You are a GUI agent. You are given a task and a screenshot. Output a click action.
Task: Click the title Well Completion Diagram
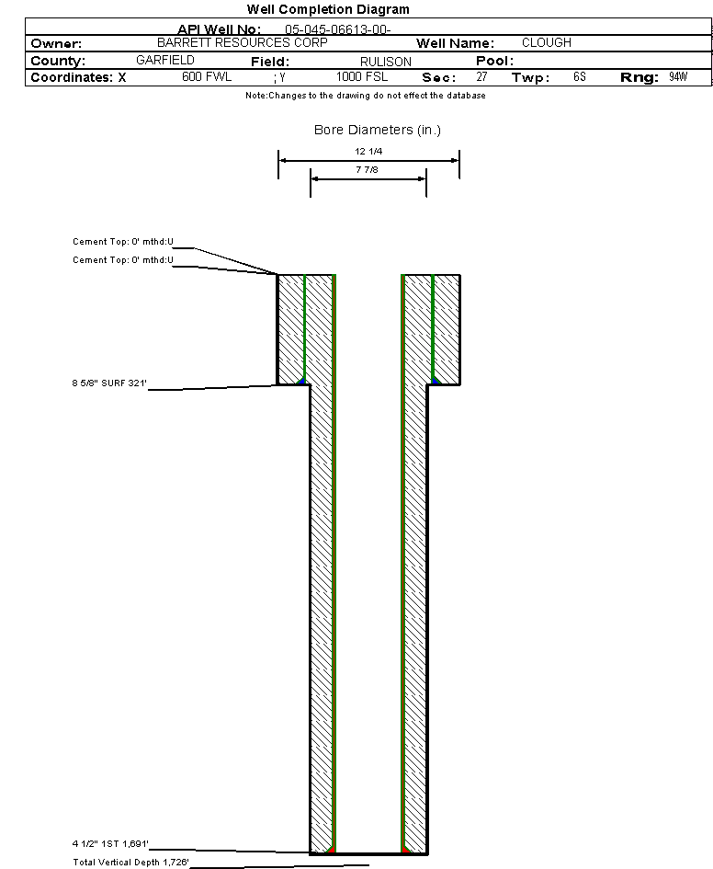coord(328,9)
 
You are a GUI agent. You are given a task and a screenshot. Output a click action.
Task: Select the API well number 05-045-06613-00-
coord(338,29)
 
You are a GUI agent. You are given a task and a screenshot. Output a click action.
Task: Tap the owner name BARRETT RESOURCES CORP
coord(243,42)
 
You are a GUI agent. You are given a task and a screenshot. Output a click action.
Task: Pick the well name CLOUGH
coord(547,42)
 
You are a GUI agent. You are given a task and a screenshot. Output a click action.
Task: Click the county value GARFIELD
coord(165,60)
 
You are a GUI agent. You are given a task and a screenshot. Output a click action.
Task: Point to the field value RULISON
coord(386,62)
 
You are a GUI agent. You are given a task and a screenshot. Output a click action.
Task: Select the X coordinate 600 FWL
coord(207,76)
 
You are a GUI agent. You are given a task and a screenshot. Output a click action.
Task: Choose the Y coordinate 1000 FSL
coord(362,76)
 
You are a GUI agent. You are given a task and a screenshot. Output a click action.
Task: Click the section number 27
coord(481,76)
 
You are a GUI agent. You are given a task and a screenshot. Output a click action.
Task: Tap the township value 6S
coord(580,76)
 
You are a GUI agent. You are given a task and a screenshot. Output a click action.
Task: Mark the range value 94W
coord(678,76)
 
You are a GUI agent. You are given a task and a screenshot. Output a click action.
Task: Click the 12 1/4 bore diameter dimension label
coord(368,152)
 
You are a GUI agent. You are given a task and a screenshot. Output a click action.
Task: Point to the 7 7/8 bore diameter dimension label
coord(367,169)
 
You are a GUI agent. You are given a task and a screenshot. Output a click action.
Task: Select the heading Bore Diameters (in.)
coord(378,130)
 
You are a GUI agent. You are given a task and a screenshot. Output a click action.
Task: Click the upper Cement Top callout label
coord(123,242)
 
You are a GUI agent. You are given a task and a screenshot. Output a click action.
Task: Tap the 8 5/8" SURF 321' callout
coord(109,383)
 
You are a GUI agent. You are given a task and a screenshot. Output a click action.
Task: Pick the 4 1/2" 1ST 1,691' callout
coord(110,844)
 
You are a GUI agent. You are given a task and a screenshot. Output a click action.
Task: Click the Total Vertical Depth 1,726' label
coord(131,863)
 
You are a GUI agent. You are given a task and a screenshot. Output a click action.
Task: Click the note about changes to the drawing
coord(366,96)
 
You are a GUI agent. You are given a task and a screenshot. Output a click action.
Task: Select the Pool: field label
coord(495,61)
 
